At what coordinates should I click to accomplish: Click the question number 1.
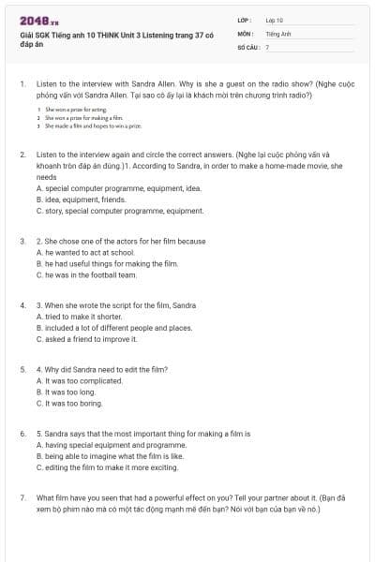(x=22, y=83)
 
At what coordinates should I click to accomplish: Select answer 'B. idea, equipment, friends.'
(x=86, y=200)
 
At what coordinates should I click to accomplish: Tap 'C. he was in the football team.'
(x=92, y=275)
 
